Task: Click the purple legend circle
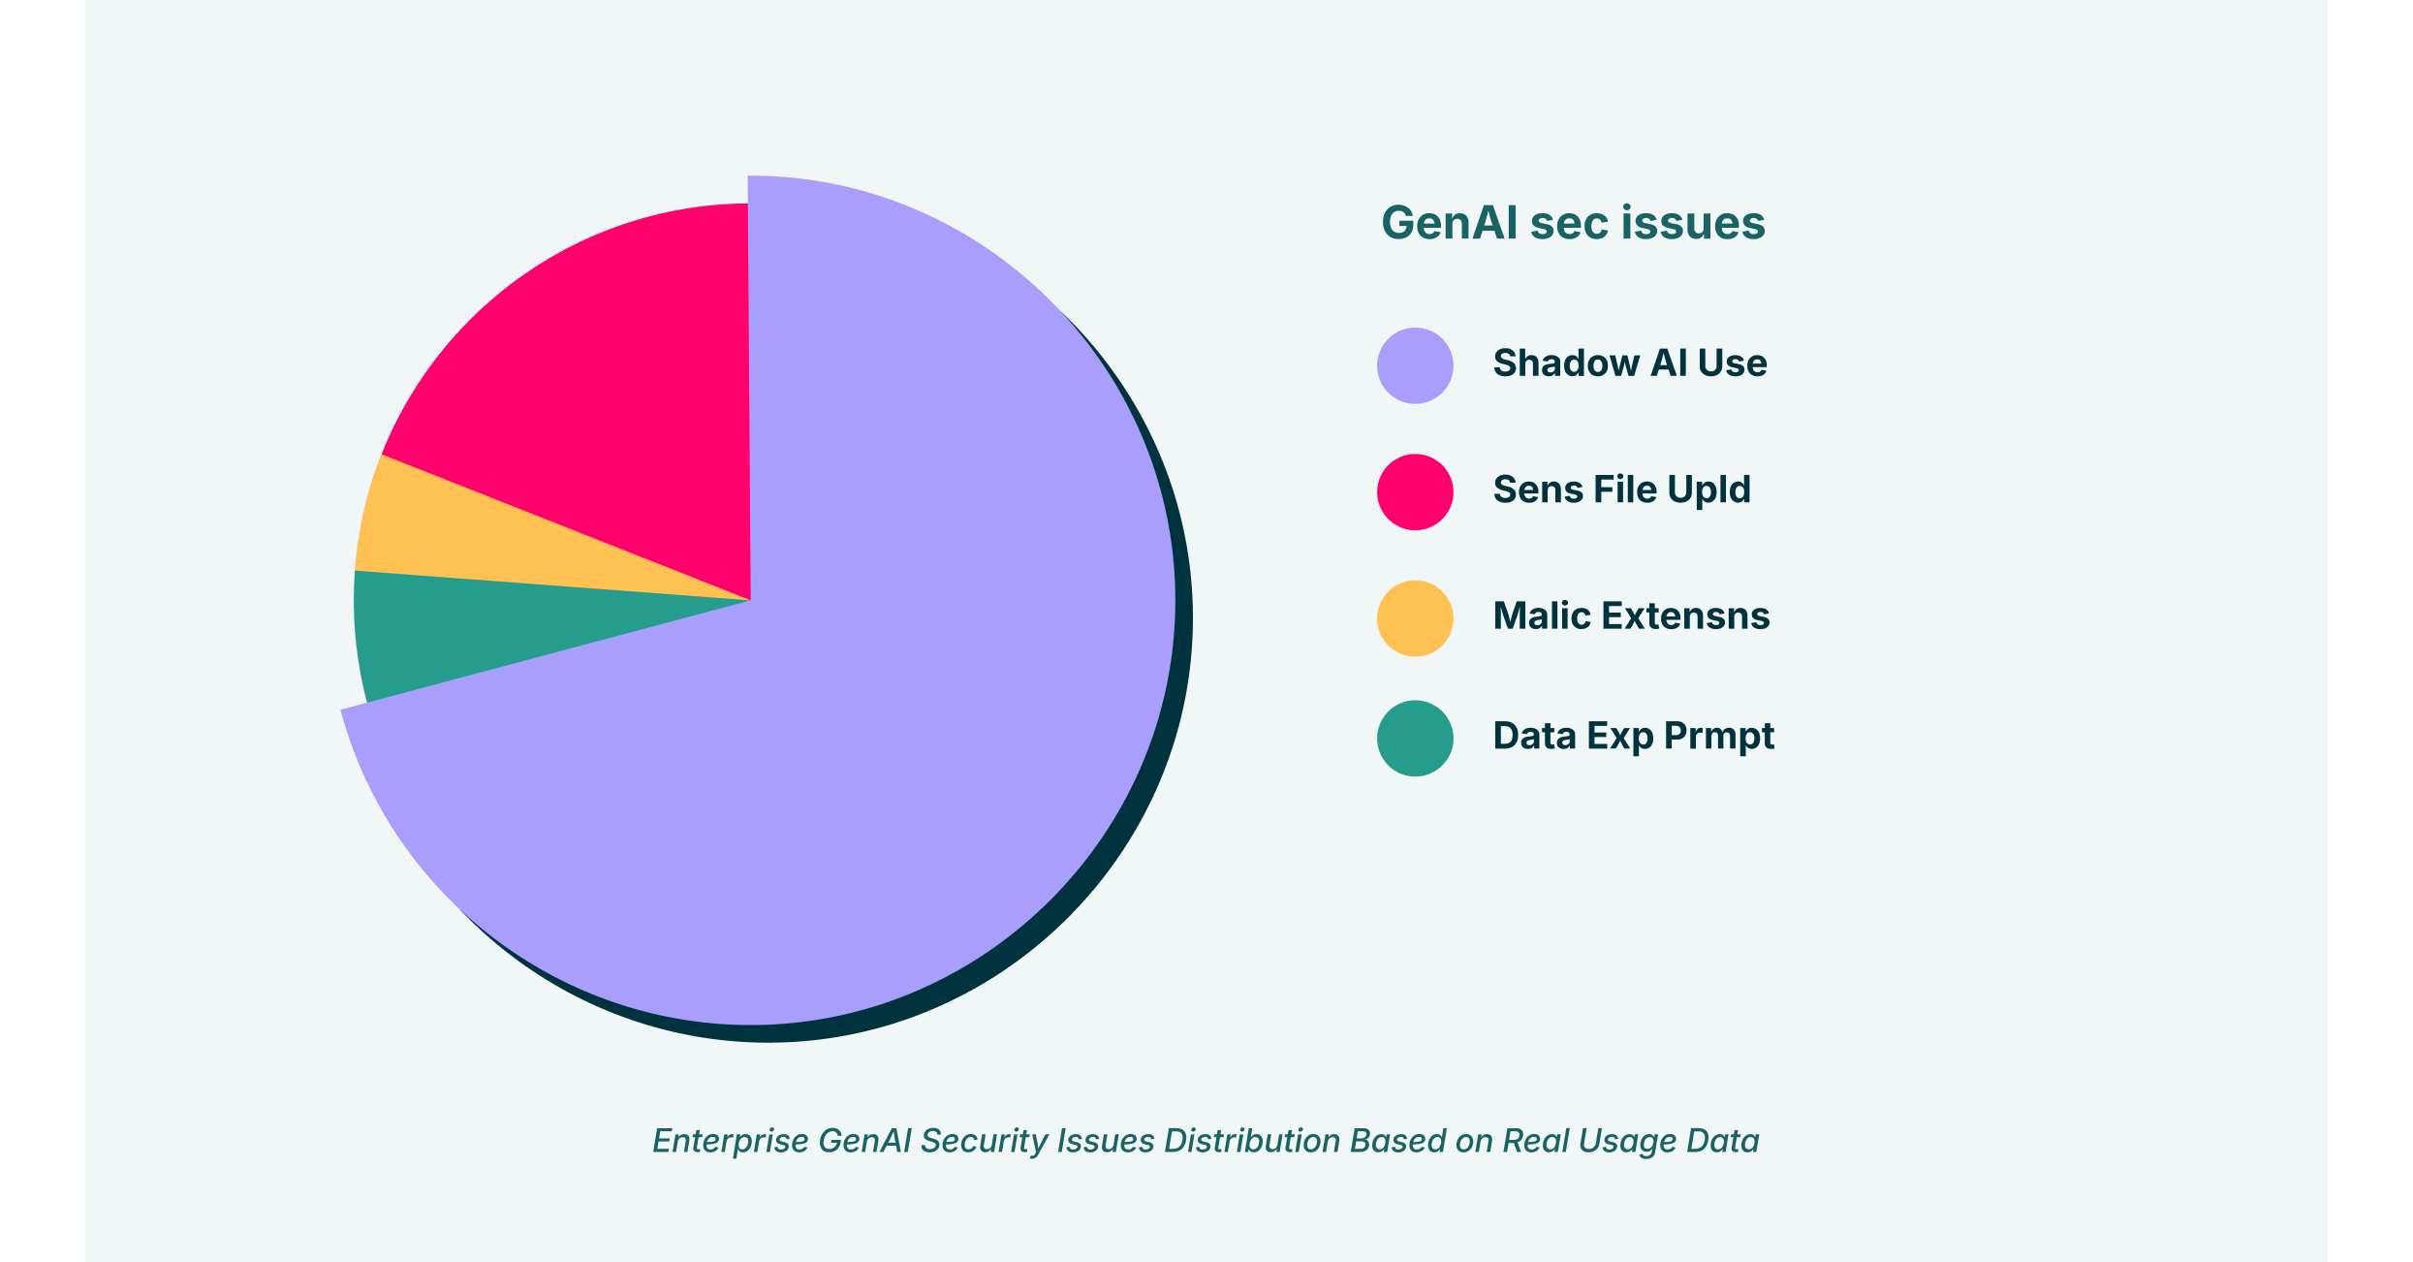[1415, 365]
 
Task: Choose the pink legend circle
[1415, 491]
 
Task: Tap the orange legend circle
[1415, 617]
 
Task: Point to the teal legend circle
[1415, 738]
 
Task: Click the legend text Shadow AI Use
[1629, 363]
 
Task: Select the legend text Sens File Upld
[1621, 489]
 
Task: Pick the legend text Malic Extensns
[1631, 615]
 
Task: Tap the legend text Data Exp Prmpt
[1633, 736]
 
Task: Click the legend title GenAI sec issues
[1573, 223]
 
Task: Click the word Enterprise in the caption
[730, 1141]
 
